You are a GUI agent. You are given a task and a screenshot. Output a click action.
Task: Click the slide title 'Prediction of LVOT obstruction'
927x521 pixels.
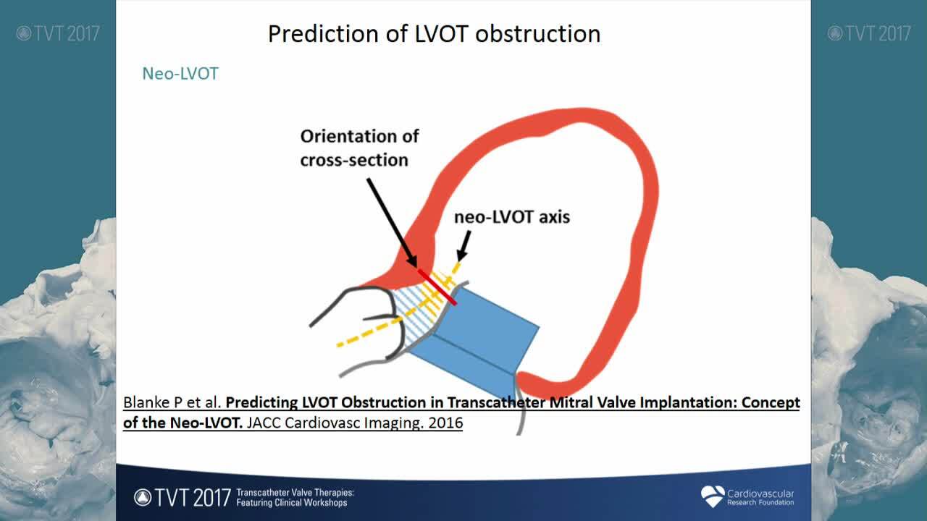click(434, 34)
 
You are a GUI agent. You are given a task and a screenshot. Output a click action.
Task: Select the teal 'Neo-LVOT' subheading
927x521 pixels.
click(180, 74)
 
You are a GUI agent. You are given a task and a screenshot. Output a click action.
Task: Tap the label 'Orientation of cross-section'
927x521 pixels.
click(359, 148)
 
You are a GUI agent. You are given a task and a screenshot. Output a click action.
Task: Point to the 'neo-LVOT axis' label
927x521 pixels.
click(512, 217)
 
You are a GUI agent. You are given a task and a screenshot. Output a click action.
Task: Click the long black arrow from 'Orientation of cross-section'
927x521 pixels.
click(392, 222)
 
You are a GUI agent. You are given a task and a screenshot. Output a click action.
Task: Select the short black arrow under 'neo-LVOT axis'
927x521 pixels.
click(464, 246)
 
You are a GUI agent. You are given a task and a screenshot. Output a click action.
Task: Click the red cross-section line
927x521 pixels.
click(437, 287)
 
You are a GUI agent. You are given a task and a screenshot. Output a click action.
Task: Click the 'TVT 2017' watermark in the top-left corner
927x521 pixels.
click(58, 33)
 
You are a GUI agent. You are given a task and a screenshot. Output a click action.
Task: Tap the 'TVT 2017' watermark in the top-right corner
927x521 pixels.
click(869, 33)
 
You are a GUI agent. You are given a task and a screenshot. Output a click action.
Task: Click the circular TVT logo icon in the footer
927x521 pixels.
click(143, 497)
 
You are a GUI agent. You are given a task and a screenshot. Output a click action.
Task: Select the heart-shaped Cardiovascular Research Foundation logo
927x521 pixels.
click(713, 496)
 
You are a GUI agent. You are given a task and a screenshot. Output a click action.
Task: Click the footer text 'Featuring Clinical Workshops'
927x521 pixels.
click(292, 503)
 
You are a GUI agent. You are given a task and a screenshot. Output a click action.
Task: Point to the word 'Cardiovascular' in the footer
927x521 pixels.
click(760, 494)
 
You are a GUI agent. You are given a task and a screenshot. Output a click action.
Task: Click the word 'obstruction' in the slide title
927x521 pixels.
click(538, 34)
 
